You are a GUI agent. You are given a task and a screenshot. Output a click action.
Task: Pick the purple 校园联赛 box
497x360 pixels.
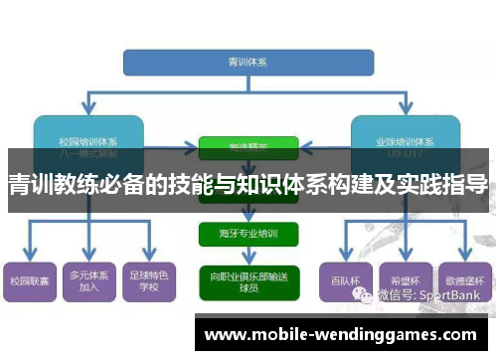pos(29,282)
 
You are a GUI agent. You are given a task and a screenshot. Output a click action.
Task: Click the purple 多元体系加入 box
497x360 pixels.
pos(89,281)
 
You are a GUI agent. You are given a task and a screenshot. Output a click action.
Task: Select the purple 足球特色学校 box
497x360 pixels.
pos(150,281)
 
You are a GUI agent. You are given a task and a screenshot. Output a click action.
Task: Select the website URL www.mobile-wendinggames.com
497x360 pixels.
pos(339,335)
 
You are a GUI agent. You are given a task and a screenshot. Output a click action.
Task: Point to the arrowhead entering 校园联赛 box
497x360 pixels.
pos(29,257)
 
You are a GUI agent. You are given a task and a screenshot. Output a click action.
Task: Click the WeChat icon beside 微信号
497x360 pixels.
pos(368,295)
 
